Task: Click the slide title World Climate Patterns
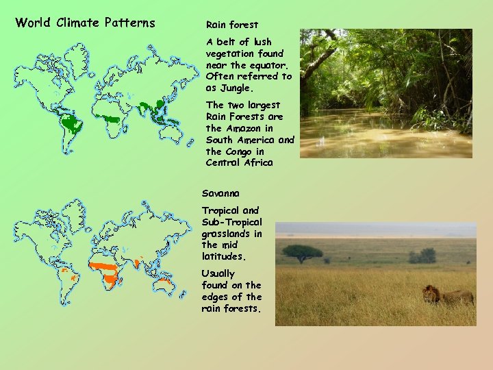85,23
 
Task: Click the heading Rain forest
232,25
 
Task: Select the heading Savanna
220,194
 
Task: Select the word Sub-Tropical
232,222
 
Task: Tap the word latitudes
221,256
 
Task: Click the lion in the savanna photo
445,295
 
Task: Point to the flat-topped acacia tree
302,252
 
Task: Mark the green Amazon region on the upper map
71,123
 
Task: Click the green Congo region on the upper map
110,119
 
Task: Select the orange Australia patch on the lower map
164,283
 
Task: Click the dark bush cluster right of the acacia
422,256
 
